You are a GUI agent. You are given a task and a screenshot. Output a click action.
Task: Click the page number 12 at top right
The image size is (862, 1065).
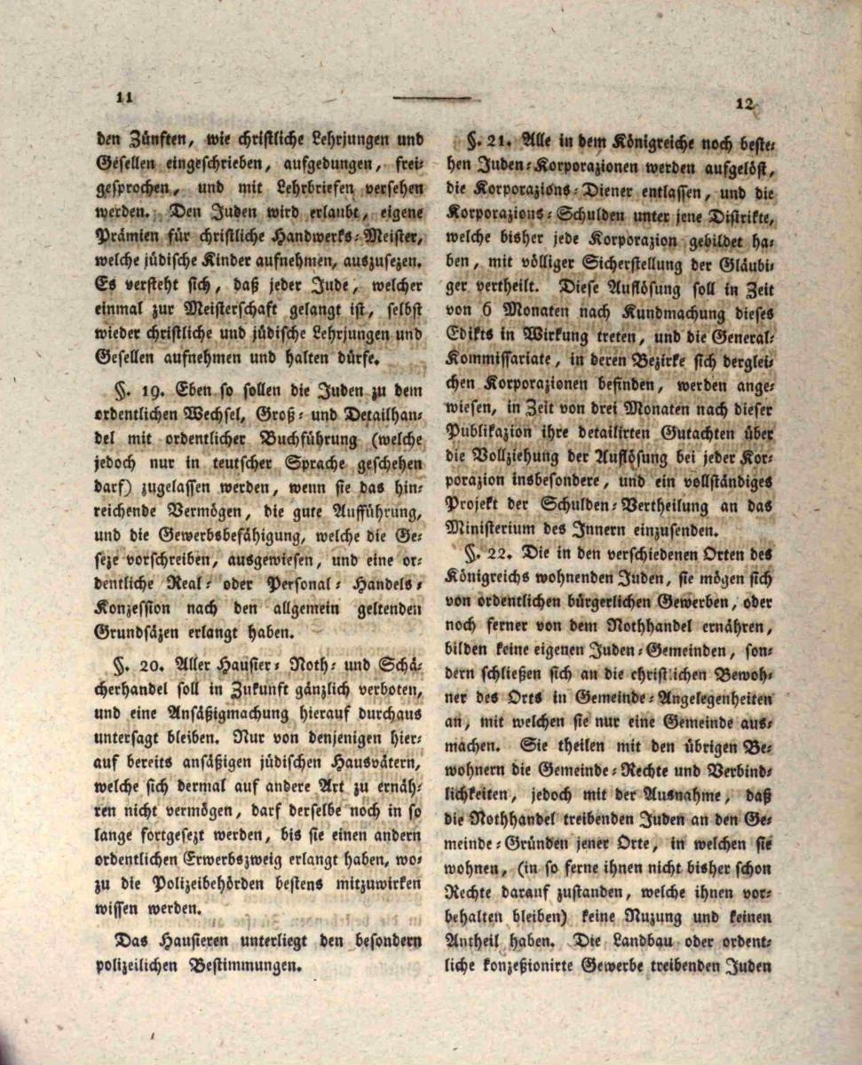745,104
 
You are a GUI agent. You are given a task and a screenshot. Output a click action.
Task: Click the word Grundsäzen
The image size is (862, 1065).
137,632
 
